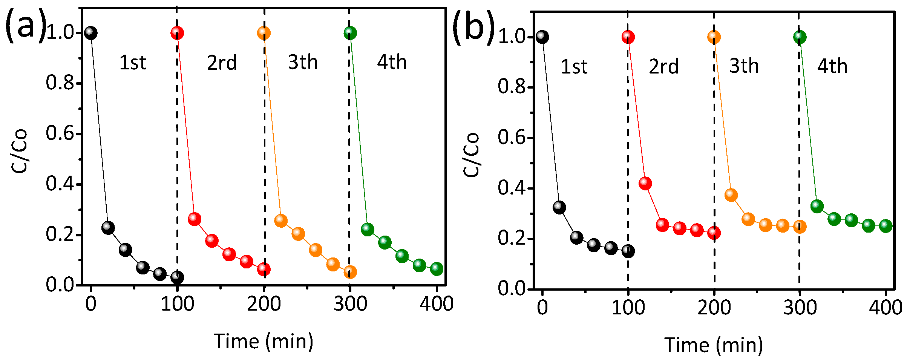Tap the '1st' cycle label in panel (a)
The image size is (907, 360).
pos(132,63)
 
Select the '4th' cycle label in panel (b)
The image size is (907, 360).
pos(832,66)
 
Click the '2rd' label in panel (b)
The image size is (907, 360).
pos(663,67)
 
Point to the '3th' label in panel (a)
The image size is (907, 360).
pos(303,62)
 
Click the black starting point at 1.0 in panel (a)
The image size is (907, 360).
pos(90,33)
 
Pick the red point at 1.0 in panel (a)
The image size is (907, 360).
pos(177,33)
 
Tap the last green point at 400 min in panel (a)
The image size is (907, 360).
pos(437,269)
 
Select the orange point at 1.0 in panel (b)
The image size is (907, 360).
pos(714,37)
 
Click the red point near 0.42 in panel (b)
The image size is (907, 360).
pos(645,184)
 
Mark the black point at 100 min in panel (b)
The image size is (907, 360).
pos(628,251)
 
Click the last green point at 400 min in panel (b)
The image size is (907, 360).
pos(886,226)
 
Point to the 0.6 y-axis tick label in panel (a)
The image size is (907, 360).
pos(59,133)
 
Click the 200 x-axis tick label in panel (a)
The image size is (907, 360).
pos(264,304)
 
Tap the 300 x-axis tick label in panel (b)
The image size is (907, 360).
pos(800,308)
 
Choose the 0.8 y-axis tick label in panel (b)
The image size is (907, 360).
pos(511,87)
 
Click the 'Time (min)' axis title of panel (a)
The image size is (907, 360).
pos(264,342)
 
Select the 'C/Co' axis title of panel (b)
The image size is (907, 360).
pos(471,155)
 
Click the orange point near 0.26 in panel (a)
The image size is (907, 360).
pos(281,221)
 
